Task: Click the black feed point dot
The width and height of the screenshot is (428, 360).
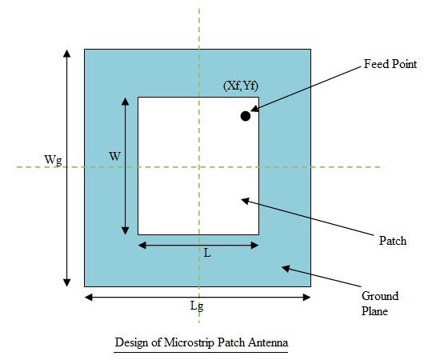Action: pos(246,116)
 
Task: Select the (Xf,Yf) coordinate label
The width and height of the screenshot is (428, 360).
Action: pos(241,86)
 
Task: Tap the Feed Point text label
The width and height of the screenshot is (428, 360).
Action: pos(390,64)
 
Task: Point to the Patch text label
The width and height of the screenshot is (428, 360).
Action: pos(392,241)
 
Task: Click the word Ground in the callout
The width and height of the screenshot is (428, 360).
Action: pos(379,296)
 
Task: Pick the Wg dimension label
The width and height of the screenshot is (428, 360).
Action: pos(54,160)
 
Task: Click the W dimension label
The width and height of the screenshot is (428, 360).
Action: pos(114,157)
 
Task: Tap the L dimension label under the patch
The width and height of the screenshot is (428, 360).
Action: pos(207,253)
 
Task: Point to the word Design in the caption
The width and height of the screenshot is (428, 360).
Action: pos(132,342)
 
